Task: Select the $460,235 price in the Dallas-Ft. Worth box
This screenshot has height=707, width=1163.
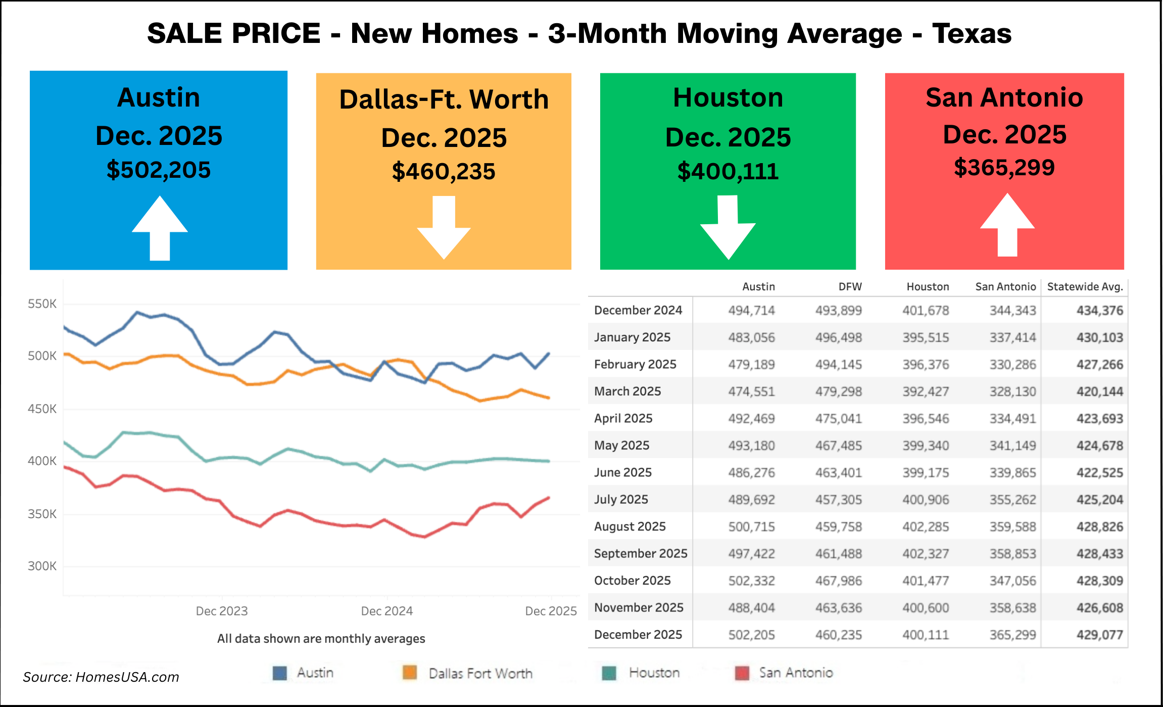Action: tap(444, 171)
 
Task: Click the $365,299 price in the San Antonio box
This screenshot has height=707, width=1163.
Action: tap(1004, 167)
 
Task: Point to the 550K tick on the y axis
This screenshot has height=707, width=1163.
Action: tap(42, 304)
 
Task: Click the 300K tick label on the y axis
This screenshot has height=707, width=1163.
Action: tap(42, 566)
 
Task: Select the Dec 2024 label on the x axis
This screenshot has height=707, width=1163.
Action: tap(386, 611)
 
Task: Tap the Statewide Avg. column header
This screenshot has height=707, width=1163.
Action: tap(1085, 287)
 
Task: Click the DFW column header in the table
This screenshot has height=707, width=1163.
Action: tap(850, 287)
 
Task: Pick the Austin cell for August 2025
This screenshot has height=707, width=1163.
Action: tap(751, 527)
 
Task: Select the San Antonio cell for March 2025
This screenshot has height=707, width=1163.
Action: tap(1012, 391)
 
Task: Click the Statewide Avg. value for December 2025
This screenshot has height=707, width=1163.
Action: tap(1099, 635)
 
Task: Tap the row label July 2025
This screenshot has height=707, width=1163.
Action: tap(621, 499)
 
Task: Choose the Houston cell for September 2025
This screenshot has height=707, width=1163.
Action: tap(926, 553)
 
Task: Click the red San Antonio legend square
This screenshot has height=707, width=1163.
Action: tap(742, 673)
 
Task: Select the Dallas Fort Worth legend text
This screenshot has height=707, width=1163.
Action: tap(480, 673)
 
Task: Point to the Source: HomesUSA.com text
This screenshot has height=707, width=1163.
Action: tap(101, 677)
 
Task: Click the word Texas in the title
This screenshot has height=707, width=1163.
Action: tap(972, 34)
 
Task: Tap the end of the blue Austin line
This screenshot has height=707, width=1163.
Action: tap(549, 353)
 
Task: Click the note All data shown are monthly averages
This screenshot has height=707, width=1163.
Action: tap(321, 639)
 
